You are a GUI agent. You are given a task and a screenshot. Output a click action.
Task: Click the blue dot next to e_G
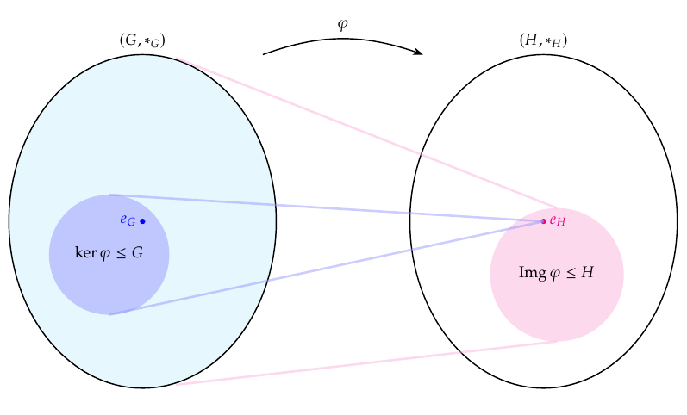pos(142,221)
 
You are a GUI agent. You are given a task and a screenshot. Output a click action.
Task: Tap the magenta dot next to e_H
pos(543,221)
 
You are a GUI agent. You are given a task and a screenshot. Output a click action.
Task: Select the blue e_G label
pos(128,220)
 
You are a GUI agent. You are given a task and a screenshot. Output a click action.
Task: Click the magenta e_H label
pos(557,221)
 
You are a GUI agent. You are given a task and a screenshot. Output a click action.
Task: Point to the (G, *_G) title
pos(142,40)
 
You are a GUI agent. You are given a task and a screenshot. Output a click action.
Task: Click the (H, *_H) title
pos(543,40)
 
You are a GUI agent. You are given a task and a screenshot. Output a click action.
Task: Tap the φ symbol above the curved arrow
pos(342,25)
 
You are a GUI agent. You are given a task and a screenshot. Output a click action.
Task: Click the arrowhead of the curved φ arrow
pos(419,53)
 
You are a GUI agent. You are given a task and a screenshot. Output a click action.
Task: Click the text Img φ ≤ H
pos(556,273)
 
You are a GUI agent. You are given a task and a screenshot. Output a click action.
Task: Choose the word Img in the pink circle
pos(532,273)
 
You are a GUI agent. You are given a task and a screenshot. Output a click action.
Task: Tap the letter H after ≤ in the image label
pos(587,273)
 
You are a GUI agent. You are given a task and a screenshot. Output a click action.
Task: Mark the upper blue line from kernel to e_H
pos(328,208)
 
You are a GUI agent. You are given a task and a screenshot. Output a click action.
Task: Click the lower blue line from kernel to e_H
pos(328,268)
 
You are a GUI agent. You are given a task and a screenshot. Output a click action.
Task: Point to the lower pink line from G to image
pos(362,363)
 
